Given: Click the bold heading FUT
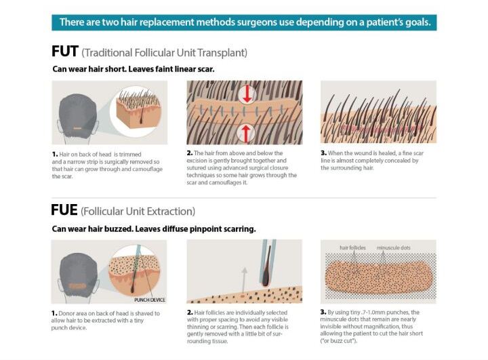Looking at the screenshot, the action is [65, 52].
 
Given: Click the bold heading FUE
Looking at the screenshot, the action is [64, 210].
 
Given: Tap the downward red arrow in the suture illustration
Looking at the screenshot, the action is [247, 94].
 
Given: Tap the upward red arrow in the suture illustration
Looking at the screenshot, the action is [246, 134].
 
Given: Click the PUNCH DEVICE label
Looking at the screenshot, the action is [149, 300].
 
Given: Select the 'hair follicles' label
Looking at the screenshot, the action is [352, 247].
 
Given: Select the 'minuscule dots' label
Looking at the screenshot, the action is [393, 247].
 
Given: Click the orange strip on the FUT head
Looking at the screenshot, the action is [77, 128].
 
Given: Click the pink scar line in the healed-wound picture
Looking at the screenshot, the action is [381, 128].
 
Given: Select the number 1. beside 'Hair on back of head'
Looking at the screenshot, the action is [55, 154].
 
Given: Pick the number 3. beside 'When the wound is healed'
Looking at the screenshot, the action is [324, 153].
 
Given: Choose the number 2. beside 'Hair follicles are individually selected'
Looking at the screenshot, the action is [190, 313].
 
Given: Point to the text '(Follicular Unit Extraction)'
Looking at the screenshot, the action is [138, 212].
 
